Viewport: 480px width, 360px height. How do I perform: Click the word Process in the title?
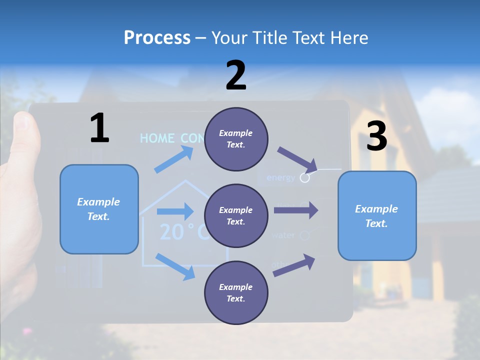click(x=157, y=37)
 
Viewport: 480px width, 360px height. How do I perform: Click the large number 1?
click(x=99, y=128)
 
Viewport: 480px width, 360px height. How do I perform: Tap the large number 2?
click(x=236, y=75)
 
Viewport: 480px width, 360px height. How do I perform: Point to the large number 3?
click(x=376, y=136)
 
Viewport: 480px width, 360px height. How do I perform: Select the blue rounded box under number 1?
click(x=99, y=209)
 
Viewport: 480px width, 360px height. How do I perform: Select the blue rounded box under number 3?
click(x=377, y=215)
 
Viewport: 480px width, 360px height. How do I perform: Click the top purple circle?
click(x=236, y=139)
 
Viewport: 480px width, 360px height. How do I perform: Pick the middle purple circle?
click(x=236, y=215)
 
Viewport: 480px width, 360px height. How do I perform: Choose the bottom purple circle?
click(x=236, y=292)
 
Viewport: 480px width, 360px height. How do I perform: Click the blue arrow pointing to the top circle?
click(x=173, y=161)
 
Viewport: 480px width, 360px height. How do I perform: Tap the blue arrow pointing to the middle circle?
click(x=174, y=211)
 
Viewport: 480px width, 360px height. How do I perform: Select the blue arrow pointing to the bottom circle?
click(x=175, y=266)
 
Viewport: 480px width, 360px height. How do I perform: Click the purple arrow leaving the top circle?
click(x=297, y=159)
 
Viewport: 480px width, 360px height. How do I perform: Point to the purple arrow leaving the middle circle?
click(x=296, y=210)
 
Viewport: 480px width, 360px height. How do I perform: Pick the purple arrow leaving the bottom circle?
click(x=294, y=265)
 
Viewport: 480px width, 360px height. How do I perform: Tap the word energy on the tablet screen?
click(x=281, y=177)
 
